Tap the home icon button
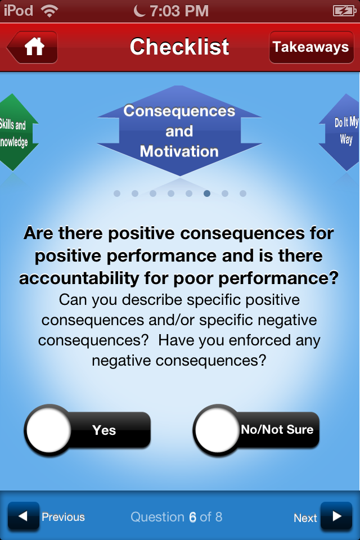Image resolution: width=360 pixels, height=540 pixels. (33, 47)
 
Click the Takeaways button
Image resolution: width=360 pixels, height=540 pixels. (311, 47)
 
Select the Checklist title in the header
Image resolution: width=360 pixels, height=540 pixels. (179, 47)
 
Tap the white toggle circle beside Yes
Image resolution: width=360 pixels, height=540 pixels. (48, 430)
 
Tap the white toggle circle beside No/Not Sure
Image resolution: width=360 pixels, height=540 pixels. (217, 430)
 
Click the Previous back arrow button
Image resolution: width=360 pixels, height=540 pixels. (24, 516)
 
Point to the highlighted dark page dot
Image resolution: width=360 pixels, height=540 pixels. (206, 193)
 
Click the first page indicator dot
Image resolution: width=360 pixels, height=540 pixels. (117, 193)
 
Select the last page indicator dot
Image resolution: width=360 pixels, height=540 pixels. (243, 193)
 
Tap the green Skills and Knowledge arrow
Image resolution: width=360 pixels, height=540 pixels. (16, 132)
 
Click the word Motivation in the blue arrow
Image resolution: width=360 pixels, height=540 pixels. (179, 151)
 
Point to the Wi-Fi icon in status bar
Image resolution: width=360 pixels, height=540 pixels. (49, 11)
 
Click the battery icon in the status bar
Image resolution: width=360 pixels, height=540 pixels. (344, 11)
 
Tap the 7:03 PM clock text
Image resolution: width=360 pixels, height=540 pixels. (179, 11)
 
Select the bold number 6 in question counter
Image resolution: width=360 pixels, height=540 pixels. (192, 517)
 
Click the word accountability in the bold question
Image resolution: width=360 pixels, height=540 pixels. (79, 278)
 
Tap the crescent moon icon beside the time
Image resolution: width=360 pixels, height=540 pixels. (139, 11)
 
